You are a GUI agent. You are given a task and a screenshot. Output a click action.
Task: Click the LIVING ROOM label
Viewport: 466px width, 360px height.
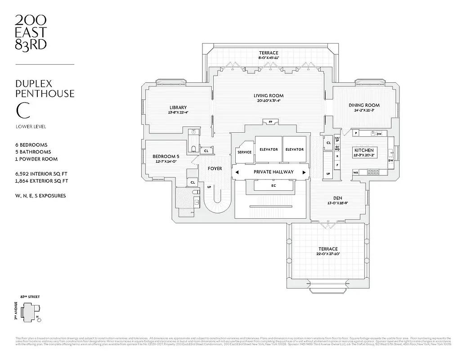(268, 95)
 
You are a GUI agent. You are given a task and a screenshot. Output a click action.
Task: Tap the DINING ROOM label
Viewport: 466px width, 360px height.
(364, 105)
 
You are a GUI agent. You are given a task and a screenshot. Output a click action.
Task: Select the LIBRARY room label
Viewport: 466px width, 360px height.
(178, 107)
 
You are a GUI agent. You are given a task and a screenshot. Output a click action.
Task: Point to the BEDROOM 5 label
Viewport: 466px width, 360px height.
(162, 156)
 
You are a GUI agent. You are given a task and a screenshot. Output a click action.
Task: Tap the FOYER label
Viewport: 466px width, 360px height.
(215, 169)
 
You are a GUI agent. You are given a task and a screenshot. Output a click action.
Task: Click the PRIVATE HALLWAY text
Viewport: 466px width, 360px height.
(273, 172)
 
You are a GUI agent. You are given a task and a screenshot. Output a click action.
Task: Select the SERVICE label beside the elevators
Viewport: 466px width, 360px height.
(244, 152)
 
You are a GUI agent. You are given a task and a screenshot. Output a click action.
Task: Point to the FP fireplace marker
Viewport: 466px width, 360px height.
(270, 122)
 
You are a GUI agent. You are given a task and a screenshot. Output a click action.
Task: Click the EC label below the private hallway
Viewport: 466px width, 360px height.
(273, 185)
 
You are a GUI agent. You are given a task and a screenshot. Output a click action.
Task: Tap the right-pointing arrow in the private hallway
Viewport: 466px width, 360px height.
(304, 172)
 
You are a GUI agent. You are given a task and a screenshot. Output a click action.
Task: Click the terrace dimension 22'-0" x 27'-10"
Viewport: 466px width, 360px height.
(328, 254)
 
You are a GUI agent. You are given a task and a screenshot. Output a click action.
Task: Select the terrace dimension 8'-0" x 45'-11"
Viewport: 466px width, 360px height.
(268, 58)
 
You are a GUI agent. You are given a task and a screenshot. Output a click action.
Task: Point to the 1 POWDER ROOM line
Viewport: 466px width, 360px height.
(36, 159)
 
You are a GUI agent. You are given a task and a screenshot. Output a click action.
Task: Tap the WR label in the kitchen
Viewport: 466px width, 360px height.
(355, 172)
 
